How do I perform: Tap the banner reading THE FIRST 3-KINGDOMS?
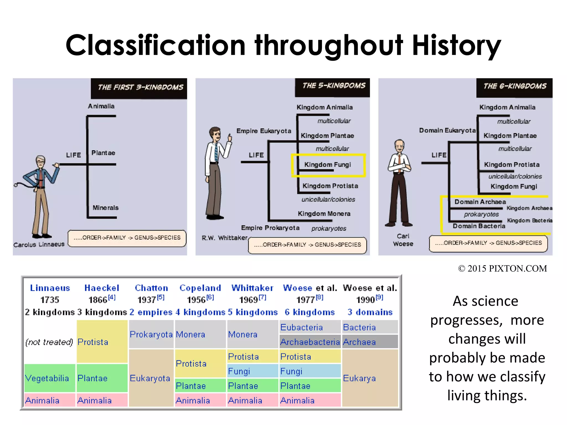(140, 87)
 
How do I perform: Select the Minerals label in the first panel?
(105, 208)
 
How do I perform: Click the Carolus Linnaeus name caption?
(39, 245)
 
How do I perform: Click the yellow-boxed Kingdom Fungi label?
(328, 165)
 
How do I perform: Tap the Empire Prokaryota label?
(270, 228)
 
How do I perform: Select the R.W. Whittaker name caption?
(225, 238)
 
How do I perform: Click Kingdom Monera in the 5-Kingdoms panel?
(324, 214)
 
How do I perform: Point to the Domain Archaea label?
(480, 202)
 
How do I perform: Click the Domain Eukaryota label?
(447, 131)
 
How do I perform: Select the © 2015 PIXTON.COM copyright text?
(502, 269)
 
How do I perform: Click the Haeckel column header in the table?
(102, 288)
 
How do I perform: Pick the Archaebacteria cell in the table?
(310, 342)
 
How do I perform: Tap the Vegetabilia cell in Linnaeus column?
(47, 378)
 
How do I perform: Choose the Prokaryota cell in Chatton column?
(151, 335)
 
